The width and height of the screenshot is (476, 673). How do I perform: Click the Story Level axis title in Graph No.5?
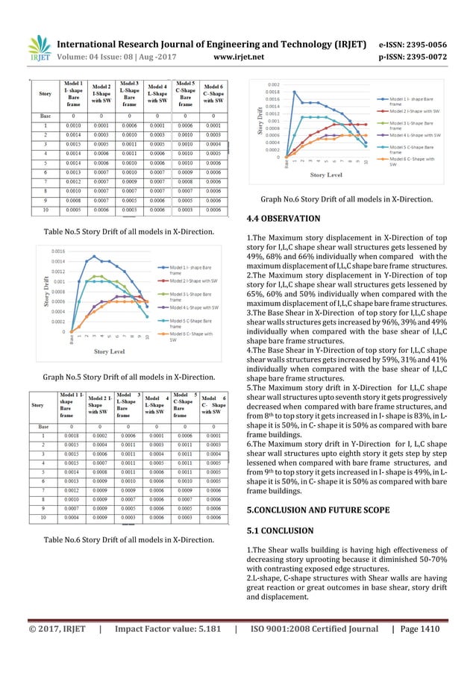[114, 351]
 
